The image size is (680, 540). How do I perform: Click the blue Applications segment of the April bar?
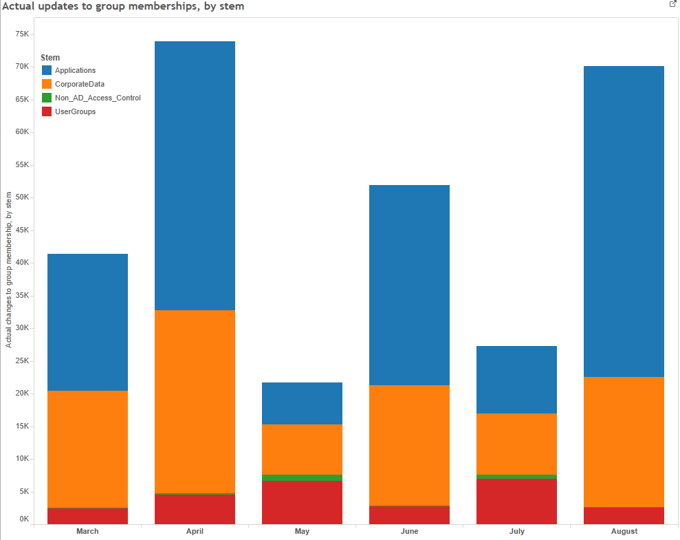point(195,175)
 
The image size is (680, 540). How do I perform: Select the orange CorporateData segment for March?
point(87,449)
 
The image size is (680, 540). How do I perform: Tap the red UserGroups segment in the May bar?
point(302,502)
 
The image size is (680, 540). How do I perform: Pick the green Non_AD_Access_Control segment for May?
point(302,477)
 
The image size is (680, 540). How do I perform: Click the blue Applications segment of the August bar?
point(624,221)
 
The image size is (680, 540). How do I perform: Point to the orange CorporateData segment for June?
point(409,445)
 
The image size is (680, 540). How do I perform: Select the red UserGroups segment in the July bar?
point(516,501)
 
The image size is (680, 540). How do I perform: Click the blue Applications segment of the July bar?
point(516,379)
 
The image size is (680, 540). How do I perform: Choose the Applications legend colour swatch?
point(47,70)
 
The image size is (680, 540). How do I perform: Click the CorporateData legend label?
point(80,84)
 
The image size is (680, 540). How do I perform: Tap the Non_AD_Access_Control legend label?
point(98,98)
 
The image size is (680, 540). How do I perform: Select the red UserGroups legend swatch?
point(47,111)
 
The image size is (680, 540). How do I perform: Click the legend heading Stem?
point(50,58)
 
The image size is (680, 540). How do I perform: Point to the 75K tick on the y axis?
point(22,34)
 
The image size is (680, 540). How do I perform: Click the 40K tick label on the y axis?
point(22,263)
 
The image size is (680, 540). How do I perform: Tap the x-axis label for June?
point(409,531)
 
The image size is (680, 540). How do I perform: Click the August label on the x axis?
point(624,531)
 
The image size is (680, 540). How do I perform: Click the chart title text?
point(123,6)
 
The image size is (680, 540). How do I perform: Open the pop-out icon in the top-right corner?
point(672,4)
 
